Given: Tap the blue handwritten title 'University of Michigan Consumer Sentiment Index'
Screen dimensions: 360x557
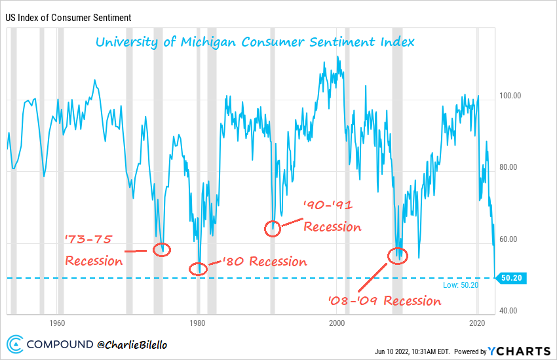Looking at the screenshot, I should point(255,42).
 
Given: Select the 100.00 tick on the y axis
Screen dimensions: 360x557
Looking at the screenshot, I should point(510,96).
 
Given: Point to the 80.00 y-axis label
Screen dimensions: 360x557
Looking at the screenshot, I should point(510,167).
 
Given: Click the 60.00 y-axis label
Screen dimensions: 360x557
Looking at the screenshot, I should point(510,239).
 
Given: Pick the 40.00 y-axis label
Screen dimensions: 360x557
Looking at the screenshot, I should point(510,311).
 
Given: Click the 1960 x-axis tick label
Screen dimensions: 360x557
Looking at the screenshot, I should point(57,323).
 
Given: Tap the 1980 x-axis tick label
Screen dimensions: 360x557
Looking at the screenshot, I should point(197,323).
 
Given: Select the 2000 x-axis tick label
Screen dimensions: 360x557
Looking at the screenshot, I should point(337,323).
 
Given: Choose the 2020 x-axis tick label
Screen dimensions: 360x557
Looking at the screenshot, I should point(477,323).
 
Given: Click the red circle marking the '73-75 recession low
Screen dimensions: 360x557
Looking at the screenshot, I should point(162,249).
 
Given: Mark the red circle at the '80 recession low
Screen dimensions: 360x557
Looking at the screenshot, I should point(198,268).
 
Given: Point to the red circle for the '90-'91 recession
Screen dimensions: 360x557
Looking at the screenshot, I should point(273,228).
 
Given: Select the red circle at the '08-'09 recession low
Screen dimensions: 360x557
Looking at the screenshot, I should point(396,256).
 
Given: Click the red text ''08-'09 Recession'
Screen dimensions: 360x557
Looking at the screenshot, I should point(385,301).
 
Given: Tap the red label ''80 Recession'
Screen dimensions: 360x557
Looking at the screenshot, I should point(264,262).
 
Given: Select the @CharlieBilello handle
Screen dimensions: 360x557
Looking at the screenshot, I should point(130,344).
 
